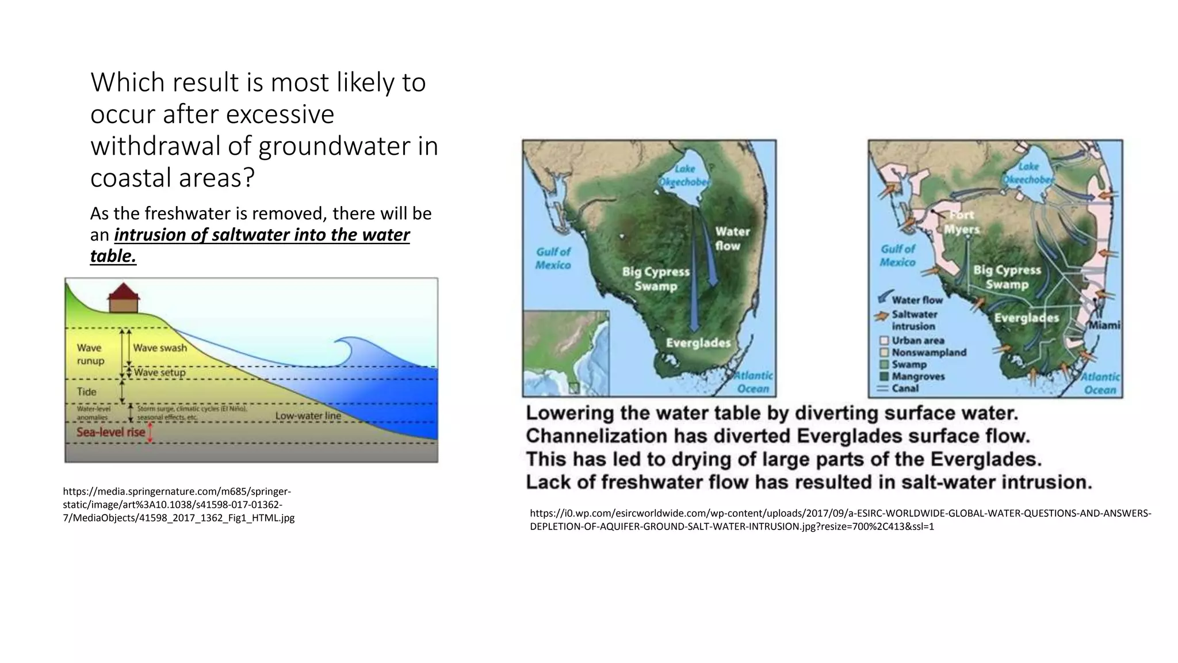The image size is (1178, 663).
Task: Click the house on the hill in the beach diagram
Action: (x=124, y=299)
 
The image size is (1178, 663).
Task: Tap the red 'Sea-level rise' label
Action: (x=110, y=432)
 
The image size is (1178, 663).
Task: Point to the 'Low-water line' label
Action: (x=308, y=416)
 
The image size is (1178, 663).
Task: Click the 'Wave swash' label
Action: (x=160, y=348)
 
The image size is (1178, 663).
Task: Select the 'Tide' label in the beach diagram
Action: (x=87, y=392)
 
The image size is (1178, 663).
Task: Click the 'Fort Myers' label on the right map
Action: (x=961, y=222)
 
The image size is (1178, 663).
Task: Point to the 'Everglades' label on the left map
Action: (x=698, y=343)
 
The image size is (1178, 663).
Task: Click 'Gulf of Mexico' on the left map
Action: (x=553, y=258)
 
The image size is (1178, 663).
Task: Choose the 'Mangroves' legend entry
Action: (x=918, y=376)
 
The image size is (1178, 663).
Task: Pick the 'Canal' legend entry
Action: (x=905, y=388)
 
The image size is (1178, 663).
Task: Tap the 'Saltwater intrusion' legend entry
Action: (x=913, y=320)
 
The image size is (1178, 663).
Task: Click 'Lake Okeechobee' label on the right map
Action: (x=1028, y=173)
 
